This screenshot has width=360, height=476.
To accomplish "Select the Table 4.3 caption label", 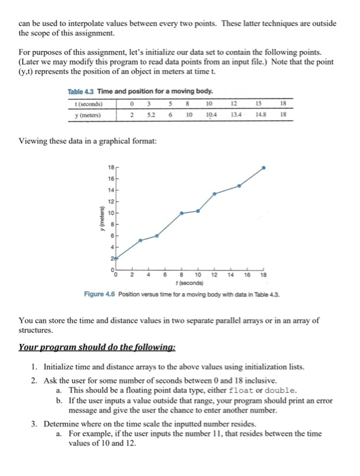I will coord(85,90).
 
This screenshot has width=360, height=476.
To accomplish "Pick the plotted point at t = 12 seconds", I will coord(215,193).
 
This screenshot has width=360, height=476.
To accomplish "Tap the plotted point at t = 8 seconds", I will coord(182,213).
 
